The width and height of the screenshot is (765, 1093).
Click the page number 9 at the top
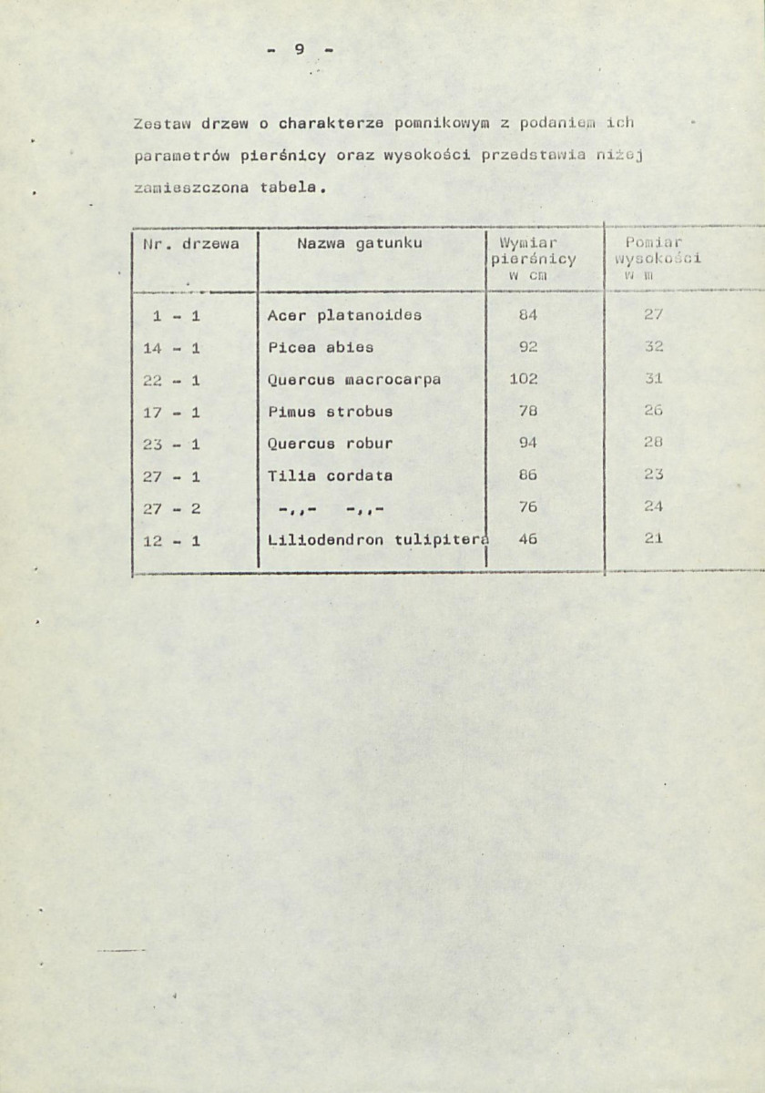pyautogui.click(x=299, y=49)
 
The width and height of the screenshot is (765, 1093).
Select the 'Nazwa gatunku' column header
pyautogui.click(x=360, y=243)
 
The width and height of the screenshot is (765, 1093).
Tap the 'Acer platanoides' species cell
pyautogui.click(x=344, y=316)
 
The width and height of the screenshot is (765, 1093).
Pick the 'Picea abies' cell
pyautogui.click(x=321, y=347)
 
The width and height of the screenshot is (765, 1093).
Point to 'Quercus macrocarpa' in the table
pyautogui.click(x=354, y=379)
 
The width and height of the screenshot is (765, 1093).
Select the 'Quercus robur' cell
pyautogui.click(x=330, y=444)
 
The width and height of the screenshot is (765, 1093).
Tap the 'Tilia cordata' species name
pyautogui.click(x=330, y=475)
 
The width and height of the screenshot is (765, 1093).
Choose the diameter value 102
pyautogui.click(x=524, y=379)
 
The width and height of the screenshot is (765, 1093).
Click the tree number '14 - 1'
pyautogui.click(x=171, y=347)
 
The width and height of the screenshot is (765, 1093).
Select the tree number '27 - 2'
pyautogui.click(x=171, y=507)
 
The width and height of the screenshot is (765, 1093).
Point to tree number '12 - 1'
pyautogui.click(x=171, y=539)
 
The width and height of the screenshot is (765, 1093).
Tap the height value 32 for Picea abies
pyautogui.click(x=652, y=347)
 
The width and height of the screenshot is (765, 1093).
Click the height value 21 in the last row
pyautogui.click(x=652, y=538)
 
